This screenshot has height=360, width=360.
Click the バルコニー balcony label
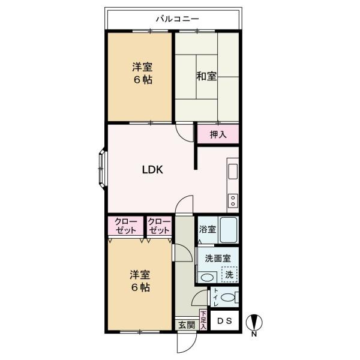(177, 19)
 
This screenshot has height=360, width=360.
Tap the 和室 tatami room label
(206, 76)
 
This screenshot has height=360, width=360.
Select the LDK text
(152, 170)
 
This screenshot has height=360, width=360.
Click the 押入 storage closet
(218, 134)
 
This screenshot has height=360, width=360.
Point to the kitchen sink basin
(233, 172)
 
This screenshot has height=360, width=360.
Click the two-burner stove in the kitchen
(233, 201)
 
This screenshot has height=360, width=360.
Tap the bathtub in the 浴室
(229, 230)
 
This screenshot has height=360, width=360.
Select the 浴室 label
(208, 229)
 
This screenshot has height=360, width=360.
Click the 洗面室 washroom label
(218, 259)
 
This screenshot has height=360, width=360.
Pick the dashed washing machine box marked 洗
(229, 275)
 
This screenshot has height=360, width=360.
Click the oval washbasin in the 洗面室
(208, 278)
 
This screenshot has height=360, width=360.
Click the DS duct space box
(224, 321)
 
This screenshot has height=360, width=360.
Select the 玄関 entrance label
(187, 325)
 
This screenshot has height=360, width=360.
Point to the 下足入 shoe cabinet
(203, 320)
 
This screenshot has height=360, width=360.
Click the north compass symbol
(254, 324)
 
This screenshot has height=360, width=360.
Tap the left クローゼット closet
(125, 226)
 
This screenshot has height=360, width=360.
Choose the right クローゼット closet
(159, 226)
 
